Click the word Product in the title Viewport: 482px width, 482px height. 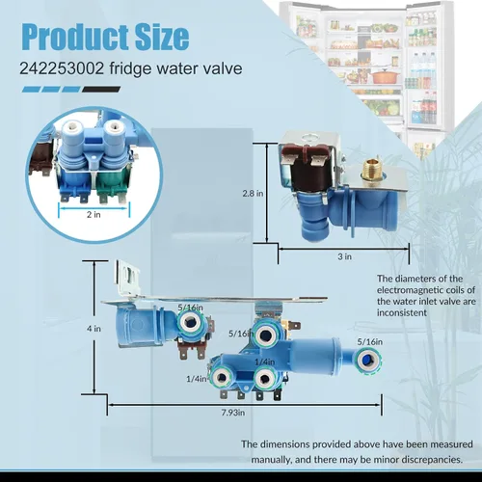[x=75, y=37]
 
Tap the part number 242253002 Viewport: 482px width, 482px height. [x=62, y=68]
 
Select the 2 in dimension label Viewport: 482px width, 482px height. [x=94, y=214]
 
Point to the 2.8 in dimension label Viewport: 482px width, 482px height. [x=253, y=194]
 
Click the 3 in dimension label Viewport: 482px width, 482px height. [x=344, y=256]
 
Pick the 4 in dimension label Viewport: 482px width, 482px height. [x=94, y=329]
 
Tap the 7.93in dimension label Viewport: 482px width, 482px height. [x=233, y=413]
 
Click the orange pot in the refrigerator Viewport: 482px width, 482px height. [x=385, y=77]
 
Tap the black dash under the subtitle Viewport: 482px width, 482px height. [x=101, y=90]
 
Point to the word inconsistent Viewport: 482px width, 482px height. [x=402, y=312]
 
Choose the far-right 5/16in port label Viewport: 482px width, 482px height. [x=370, y=342]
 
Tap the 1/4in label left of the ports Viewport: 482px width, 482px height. [x=197, y=379]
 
